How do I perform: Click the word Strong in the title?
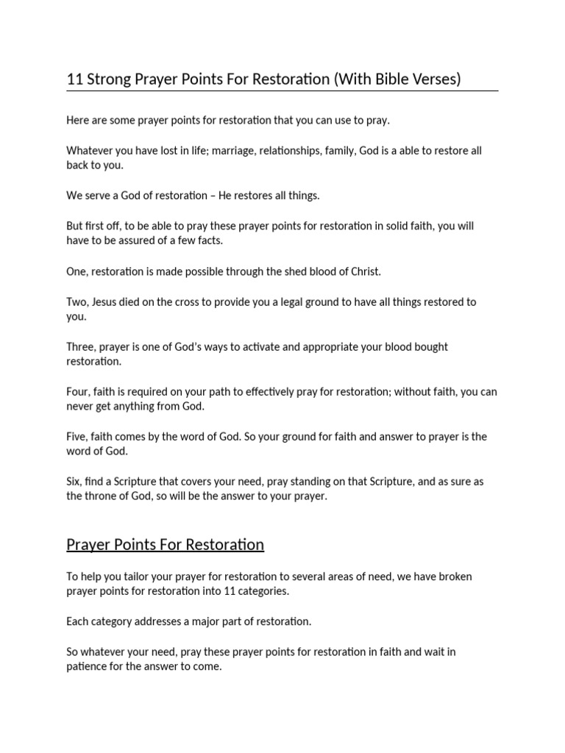[109, 79]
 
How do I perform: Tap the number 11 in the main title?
[75, 79]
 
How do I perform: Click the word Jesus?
[107, 302]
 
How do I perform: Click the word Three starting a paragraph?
[80, 347]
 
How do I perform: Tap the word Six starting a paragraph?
[74, 482]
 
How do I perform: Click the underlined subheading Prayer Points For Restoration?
[165, 545]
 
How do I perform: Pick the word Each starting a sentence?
[78, 621]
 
